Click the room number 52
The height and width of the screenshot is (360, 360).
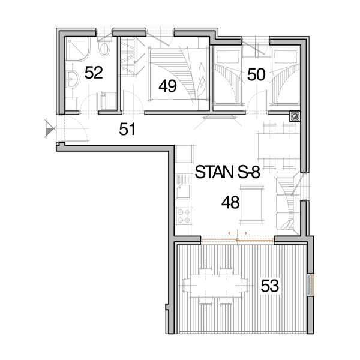pos(94,73)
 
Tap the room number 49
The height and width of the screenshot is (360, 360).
pos(167,86)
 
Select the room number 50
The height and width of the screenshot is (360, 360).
pos(256,74)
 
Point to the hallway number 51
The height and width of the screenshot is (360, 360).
pos(127,129)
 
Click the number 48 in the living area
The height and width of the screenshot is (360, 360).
pos(230,202)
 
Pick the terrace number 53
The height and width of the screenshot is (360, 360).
pos(270,286)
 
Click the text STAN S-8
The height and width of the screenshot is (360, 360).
pos(227,172)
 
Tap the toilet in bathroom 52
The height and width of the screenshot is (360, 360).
pos(104,48)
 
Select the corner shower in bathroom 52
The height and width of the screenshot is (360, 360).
pos(78,49)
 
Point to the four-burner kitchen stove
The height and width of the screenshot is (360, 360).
pos(184,216)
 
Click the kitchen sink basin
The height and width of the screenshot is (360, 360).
pos(184,191)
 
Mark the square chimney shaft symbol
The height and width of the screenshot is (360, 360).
pos(295,116)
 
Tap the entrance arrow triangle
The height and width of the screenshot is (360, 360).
pos(49,128)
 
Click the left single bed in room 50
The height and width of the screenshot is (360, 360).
pos(227,75)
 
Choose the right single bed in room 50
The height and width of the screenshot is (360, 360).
pos(286,75)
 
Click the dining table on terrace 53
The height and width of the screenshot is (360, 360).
pos(216,286)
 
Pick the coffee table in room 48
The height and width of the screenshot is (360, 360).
pos(251,204)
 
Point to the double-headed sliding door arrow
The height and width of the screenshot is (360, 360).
pos(238,233)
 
